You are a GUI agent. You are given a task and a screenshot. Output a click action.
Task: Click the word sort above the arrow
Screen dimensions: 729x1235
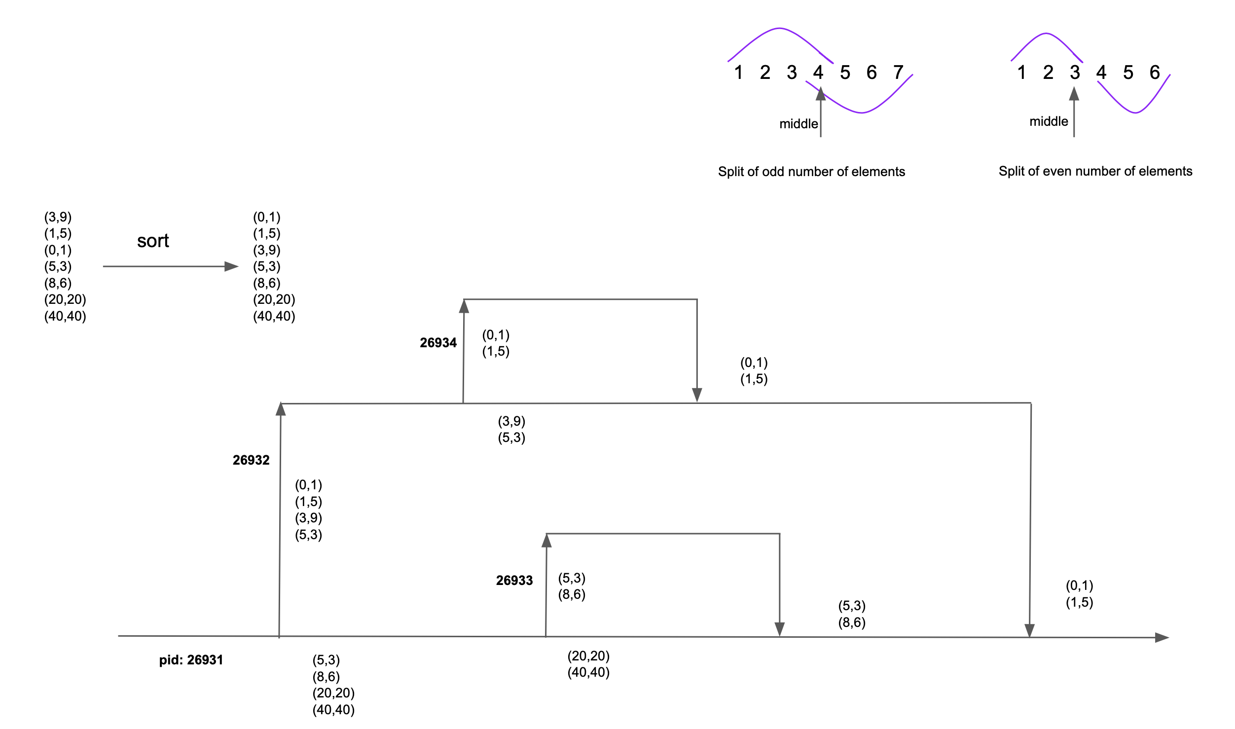pyautogui.click(x=153, y=241)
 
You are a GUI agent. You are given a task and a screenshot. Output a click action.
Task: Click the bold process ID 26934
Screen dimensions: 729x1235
pyautogui.click(x=438, y=343)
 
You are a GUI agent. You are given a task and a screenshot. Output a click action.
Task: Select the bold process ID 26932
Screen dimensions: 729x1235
pyautogui.click(x=251, y=460)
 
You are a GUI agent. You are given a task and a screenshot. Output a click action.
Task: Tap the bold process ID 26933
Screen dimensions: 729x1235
pyautogui.click(x=514, y=581)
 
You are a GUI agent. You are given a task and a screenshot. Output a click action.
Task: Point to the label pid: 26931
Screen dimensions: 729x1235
pyautogui.click(x=191, y=660)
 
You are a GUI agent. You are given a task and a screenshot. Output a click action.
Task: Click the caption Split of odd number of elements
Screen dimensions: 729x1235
pyautogui.click(x=811, y=172)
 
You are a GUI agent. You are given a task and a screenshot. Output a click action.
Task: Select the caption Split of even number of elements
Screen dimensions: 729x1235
pyautogui.click(x=1095, y=171)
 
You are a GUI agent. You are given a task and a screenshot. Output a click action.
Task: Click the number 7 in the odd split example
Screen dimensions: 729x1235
pyautogui.click(x=898, y=73)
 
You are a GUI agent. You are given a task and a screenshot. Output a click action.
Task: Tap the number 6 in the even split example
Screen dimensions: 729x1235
pyautogui.click(x=1155, y=73)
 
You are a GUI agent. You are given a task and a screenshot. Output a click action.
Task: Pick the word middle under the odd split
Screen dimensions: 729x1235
pyautogui.click(x=798, y=124)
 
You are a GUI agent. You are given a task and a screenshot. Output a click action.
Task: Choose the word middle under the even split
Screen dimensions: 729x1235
pyautogui.click(x=1049, y=121)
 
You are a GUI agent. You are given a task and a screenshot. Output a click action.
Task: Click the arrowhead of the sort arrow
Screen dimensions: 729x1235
pyautogui.click(x=232, y=266)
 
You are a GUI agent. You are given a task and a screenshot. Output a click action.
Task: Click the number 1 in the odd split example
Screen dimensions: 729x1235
pyautogui.click(x=738, y=73)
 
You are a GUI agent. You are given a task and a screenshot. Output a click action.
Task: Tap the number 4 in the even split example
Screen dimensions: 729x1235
pyautogui.click(x=1101, y=73)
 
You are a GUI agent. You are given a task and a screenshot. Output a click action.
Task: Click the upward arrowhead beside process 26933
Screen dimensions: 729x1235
pyautogui.click(x=546, y=541)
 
